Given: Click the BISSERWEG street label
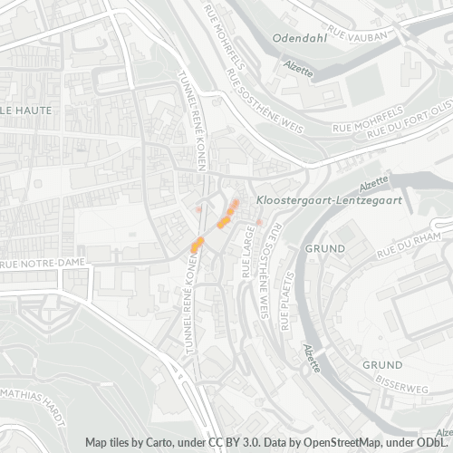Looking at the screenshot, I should [403, 384].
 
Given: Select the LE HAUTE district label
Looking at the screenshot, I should [25, 110].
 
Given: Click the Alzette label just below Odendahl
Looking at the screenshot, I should [298, 69].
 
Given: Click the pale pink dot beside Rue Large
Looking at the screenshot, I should [258, 221].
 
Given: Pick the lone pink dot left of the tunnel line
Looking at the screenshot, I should [196, 209].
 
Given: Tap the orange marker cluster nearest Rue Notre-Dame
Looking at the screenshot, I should [196, 244].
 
